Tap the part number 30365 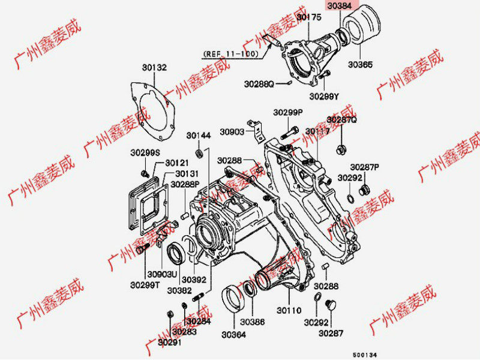coord(360,63)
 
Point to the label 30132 coord(154,67)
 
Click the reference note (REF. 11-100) coord(231,53)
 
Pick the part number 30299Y coord(324,95)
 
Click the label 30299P coord(288,112)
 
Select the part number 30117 coord(317,131)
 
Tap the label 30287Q coord(341,120)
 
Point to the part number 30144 coord(198,136)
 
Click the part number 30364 coord(233,334)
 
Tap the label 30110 coord(288,310)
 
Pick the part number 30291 coord(169,342)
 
